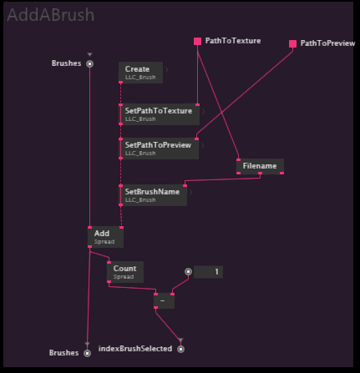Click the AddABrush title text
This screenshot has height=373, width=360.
tap(51, 15)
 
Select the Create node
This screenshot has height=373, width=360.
tap(140, 73)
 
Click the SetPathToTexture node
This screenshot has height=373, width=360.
tap(159, 114)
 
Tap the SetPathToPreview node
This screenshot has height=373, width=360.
tap(159, 149)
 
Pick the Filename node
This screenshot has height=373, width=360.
tap(260, 166)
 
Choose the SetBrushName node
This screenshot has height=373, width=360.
tap(153, 195)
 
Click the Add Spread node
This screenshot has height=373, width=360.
tap(105, 237)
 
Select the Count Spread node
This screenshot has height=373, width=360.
tap(125, 272)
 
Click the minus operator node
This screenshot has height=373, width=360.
tap(164, 300)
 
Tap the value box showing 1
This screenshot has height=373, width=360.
tap(208, 272)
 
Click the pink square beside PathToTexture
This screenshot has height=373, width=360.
tap(198, 42)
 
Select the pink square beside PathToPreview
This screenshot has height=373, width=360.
tap(292, 43)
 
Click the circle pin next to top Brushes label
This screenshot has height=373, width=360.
tap(89, 63)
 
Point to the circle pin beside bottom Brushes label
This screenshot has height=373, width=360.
tap(88, 353)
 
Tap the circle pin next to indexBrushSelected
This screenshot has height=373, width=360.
tap(181, 349)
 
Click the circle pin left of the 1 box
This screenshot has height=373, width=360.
tap(189, 271)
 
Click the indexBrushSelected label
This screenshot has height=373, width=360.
tap(135, 349)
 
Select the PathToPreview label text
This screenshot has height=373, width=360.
tap(327, 43)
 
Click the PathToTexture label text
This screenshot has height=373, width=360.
tap(233, 41)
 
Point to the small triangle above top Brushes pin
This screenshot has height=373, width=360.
tap(89, 54)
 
